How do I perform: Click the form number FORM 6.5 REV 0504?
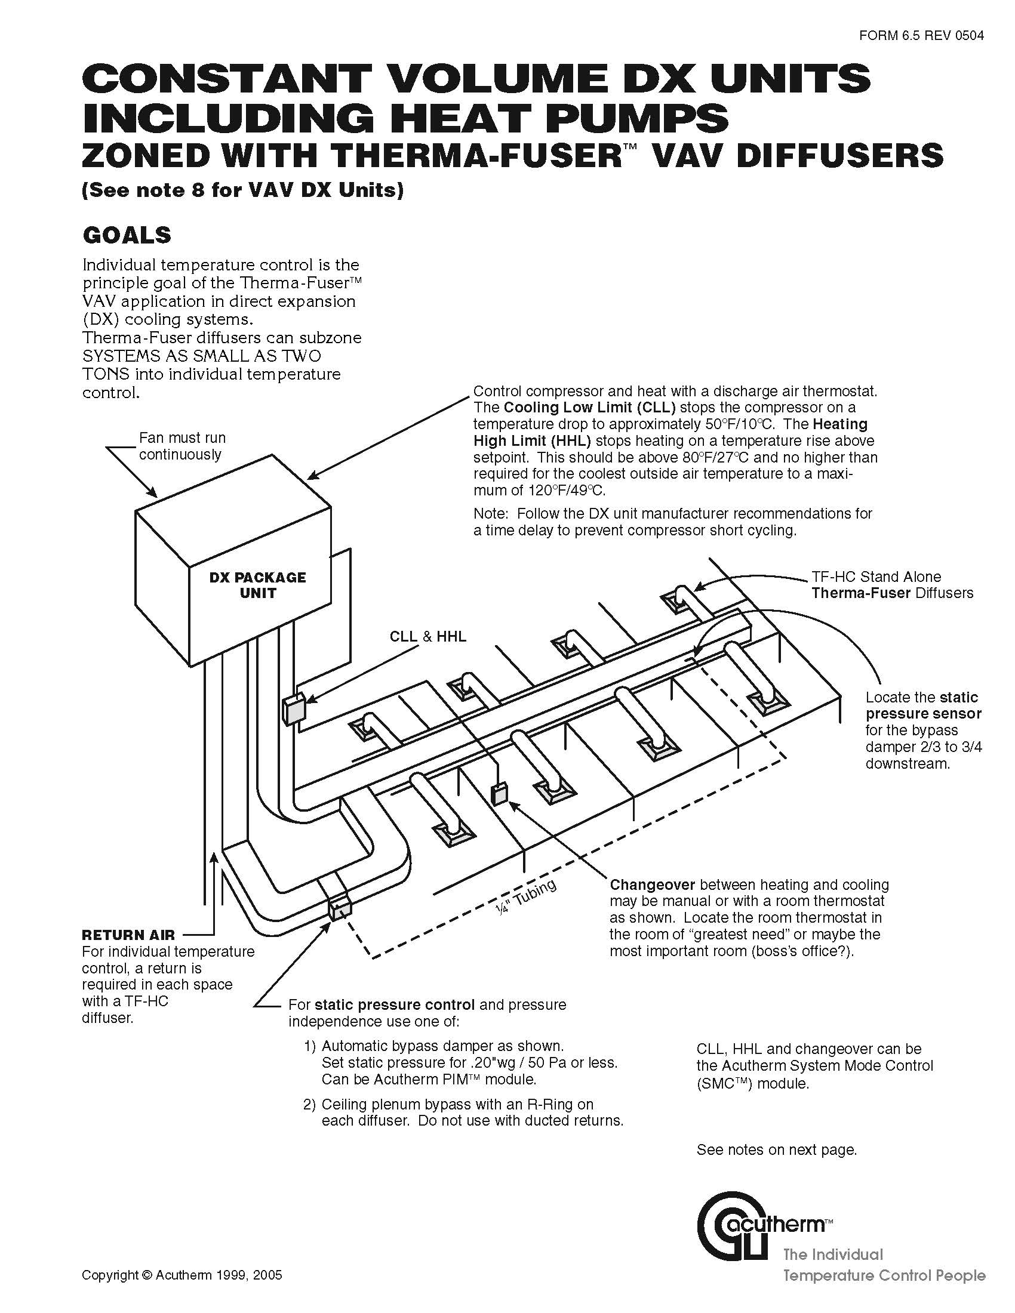coord(921,35)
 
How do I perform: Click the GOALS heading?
coord(126,235)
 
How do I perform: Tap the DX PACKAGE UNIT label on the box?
coord(257,585)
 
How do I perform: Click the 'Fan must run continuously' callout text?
coord(182,446)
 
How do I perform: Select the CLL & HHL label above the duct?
coord(427,637)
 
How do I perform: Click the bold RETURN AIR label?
coord(128,935)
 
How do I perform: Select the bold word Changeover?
coord(652,885)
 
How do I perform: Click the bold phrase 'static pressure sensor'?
coord(923,706)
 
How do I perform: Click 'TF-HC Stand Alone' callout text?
coord(876,577)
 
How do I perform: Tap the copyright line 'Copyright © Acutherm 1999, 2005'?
coord(182,1275)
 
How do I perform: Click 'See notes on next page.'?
coord(776,1150)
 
